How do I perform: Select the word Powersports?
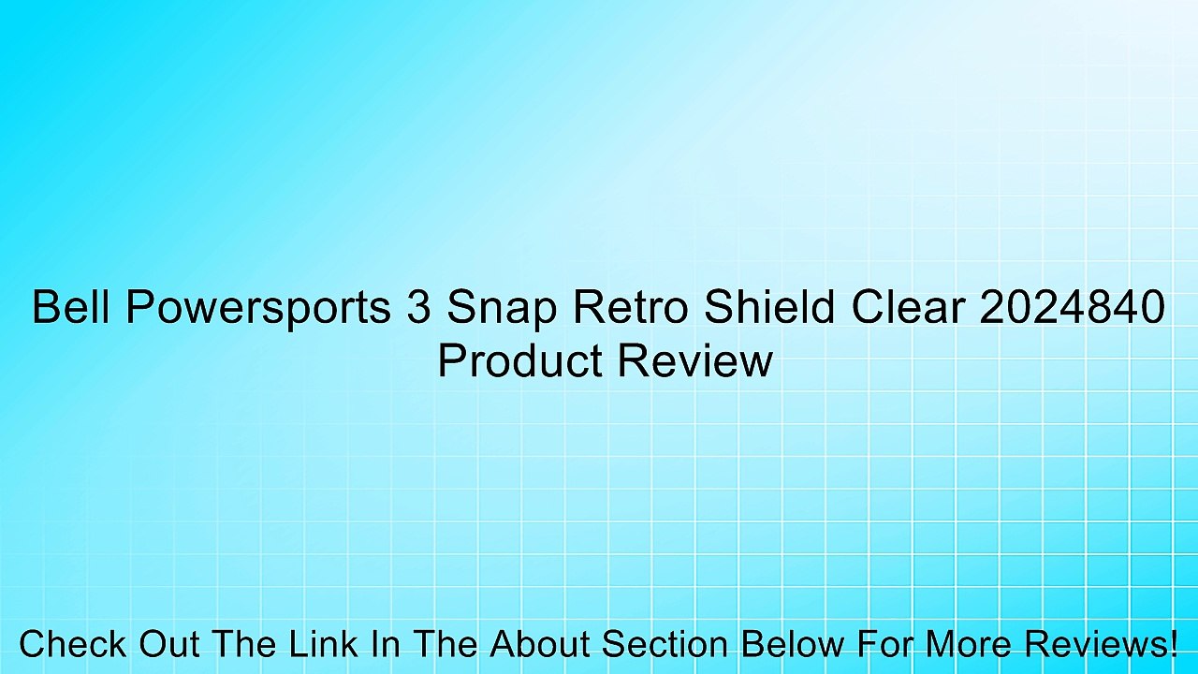(258, 308)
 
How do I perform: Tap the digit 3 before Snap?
(418, 308)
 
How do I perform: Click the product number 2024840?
(1072, 308)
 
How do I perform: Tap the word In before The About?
(386, 645)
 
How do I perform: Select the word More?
(972, 645)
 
